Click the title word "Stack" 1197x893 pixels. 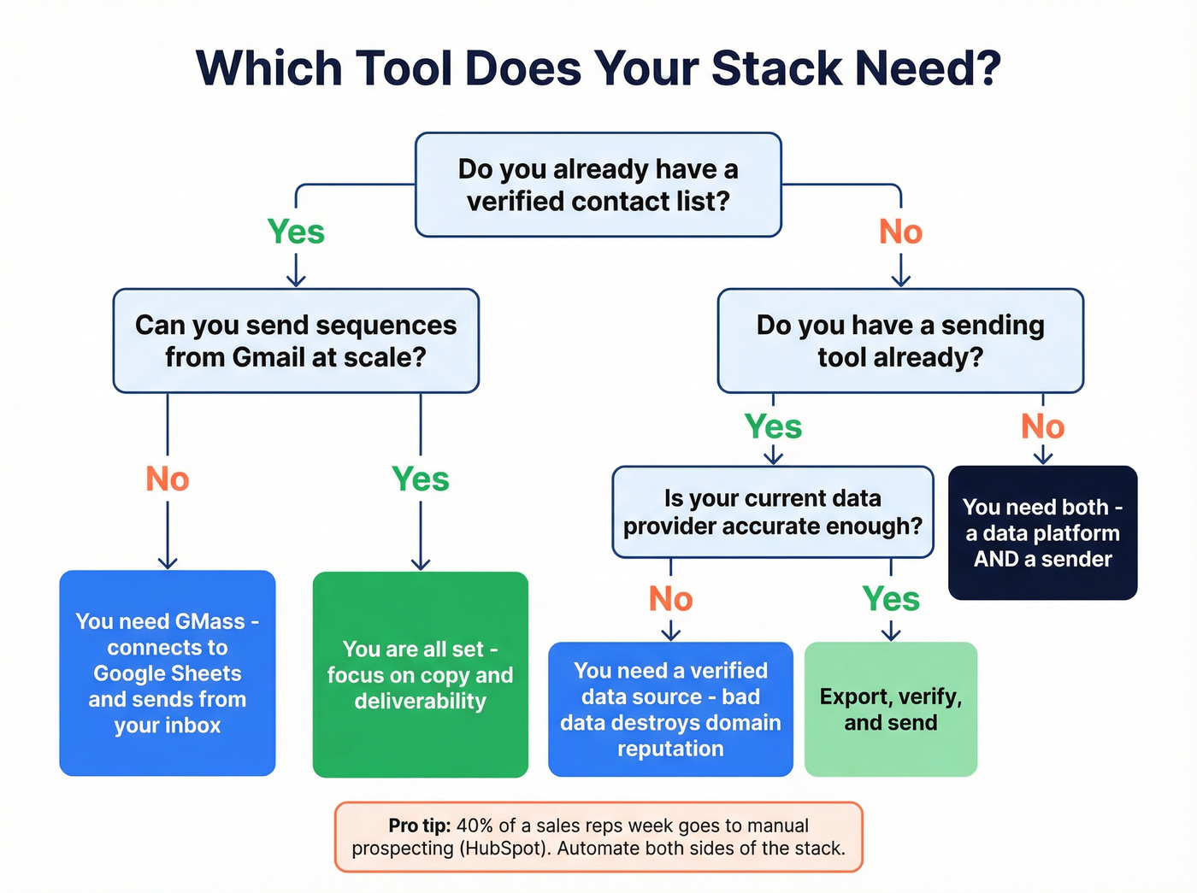click(x=776, y=68)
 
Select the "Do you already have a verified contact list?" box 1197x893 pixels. click(x=598, y=185)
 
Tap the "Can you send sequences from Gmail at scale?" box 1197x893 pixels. click(x=296, y=341)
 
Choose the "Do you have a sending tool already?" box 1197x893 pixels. click(x=900, y=341)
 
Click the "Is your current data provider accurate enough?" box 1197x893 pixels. click(x=773, y=512)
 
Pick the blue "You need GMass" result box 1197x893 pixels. click(x=168, y=673)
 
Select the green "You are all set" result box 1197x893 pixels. click(x=420, y=674)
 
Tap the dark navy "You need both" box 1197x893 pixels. click(x=1042, y=532)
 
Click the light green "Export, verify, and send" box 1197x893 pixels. click(x=891, y=709)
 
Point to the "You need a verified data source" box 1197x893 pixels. click(x=670, y=709)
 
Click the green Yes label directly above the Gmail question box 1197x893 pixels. click(x=296, y=232)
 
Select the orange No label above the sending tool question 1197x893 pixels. click(x=900, y=232)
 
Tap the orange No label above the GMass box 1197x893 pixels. click(x=168, y=479)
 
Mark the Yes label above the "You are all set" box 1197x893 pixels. click(x=420, y=479)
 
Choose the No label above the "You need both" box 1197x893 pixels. click(x=1042, y=426)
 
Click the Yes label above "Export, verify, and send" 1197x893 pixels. click(x=891, y=599)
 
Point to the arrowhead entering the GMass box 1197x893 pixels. click(x=168, y=563)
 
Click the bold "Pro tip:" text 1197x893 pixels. click(x=419, y=825)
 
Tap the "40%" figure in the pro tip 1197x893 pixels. click(x=475, y=825)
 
